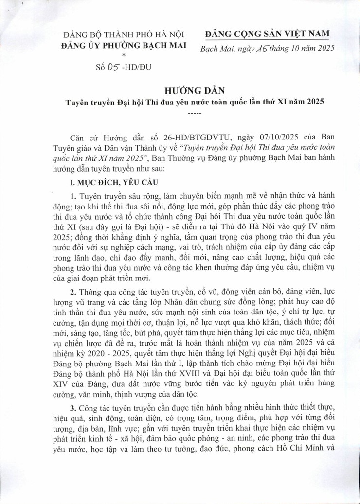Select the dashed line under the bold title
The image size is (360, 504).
click(180, 113)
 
